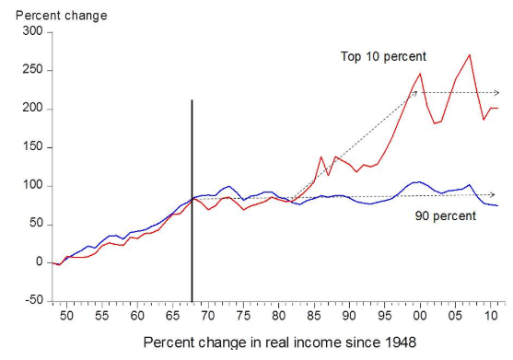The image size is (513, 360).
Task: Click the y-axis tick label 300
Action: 33,31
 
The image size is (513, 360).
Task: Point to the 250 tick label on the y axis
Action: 33,70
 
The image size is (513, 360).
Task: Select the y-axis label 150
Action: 33,146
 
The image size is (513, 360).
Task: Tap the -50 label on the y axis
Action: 34,300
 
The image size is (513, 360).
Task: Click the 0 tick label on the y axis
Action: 40,261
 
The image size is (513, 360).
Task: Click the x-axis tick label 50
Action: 66,316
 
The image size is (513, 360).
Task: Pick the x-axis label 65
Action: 172,316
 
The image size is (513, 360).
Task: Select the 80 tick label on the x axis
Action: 278,316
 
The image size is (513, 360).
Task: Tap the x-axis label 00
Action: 420,316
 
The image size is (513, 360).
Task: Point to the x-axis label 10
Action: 490,316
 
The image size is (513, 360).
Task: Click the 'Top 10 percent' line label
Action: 383,56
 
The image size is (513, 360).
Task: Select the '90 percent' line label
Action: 446,216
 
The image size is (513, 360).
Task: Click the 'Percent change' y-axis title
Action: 62,16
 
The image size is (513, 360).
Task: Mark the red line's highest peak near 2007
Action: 470,55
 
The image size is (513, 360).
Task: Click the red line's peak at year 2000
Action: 420,74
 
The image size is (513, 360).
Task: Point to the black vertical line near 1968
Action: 192,201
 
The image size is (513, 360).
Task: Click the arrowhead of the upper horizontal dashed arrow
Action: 496,93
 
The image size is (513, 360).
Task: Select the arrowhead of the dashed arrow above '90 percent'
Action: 493,195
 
